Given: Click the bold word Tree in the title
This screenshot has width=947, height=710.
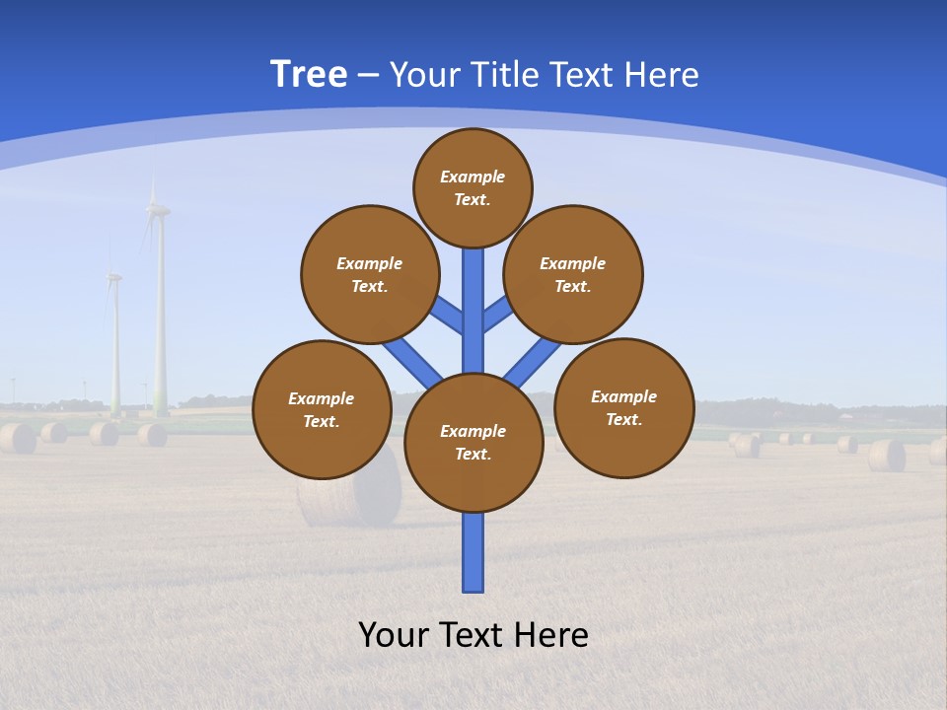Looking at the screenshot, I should tap(309, 75).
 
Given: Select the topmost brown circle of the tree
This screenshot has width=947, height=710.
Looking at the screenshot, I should tap(473, 187).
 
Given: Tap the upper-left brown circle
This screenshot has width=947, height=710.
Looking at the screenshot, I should tap(370, 274).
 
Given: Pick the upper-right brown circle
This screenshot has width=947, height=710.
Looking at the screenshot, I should tap(573, 274).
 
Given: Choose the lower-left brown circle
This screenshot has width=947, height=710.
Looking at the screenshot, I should tap(322, 409).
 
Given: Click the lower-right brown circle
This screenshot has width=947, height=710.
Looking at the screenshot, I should tap(624, 407).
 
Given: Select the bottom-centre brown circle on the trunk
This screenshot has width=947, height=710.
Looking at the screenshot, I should tap(473, 443).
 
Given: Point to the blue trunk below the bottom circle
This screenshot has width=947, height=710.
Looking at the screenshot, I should tap(473, 552).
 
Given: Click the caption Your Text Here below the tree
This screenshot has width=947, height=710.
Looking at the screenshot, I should tap(473, 635).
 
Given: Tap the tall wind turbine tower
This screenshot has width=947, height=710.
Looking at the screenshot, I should tap(159, 316).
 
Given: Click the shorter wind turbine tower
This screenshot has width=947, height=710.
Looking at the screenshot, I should tap(115, 345).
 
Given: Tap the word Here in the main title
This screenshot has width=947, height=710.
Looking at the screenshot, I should tap(662, 75).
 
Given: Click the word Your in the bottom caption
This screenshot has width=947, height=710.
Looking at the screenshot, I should tap(395, 635).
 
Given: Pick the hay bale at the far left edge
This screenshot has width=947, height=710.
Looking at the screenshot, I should tap(17, 438).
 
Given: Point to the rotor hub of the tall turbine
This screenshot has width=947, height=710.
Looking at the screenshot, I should tap(155, 209).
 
